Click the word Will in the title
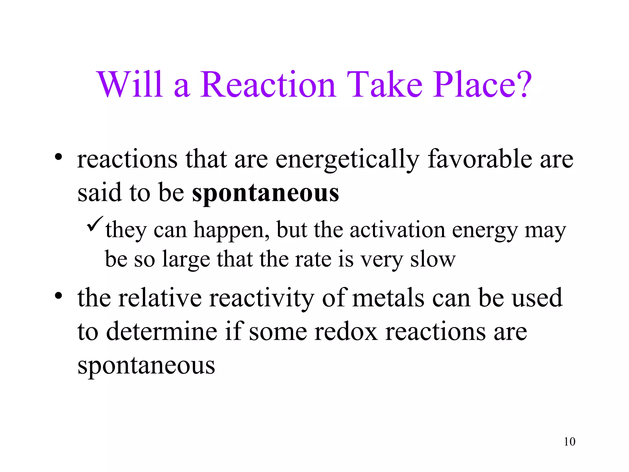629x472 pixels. point(129,84)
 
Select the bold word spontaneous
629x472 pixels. point(266,194)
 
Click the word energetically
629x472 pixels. point(347,160)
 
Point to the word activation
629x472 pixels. point(397,230)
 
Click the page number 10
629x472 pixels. point(569,442)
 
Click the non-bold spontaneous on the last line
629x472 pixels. point(146,366)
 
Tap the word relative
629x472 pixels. point(160,298)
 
